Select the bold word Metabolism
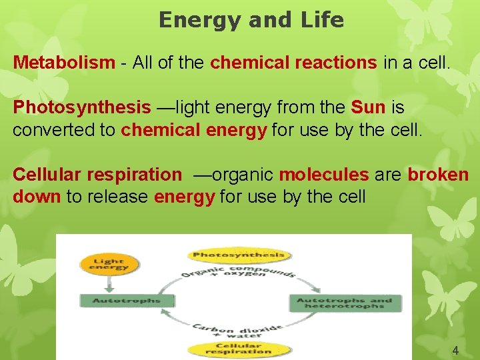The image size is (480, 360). click(64, 63)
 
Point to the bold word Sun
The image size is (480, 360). click(368, 107)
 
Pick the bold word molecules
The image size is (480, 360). click(323, 175)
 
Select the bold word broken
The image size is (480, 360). click(438, 175)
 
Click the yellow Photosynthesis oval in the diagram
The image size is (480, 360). click(238, 254)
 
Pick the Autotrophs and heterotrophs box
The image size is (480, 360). click(345, 303)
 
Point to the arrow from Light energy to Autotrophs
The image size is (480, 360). click(108, 283)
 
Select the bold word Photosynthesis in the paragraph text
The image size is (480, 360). click(82, 107)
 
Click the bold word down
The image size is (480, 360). click(36, 197)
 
